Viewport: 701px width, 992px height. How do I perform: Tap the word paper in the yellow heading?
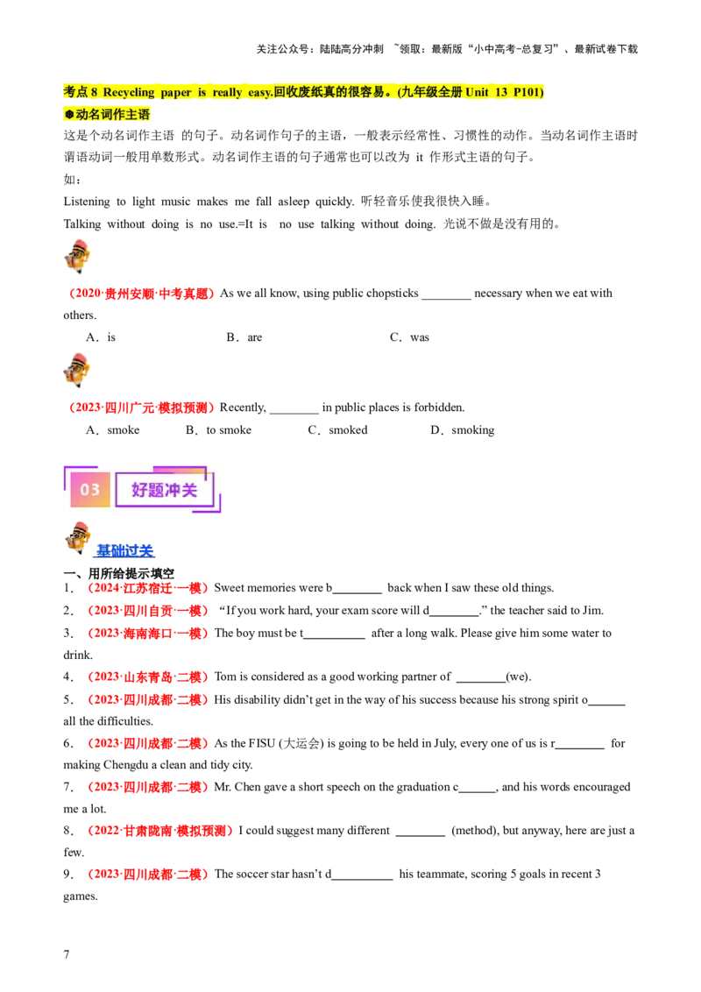click(x=177, y=92)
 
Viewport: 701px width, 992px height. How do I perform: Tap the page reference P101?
click(x=532, y=92)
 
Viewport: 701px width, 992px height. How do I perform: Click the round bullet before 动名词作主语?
click(x=69, y=115)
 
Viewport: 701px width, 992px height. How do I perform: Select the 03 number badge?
click(x=90, y=490)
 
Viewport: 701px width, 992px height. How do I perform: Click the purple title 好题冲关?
click(x=164, y=490)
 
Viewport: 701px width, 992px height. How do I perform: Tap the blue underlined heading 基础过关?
click(x=124, y=551)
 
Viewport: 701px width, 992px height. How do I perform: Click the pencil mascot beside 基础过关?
click(x=78, y=538)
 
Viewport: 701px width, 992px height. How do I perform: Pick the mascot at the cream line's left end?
click(x=76, y=370)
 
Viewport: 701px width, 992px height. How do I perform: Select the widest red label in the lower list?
click(x=160, y=831)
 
